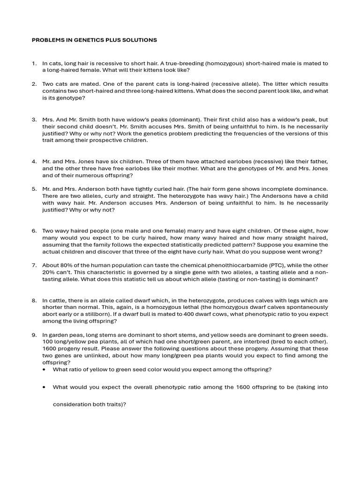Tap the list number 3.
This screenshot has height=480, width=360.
click(x=34, y=120)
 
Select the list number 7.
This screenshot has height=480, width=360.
click(x=34, y=265)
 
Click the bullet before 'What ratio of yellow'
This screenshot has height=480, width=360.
click(x=44, y=369)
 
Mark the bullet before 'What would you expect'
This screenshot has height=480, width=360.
click(x=44, y=387)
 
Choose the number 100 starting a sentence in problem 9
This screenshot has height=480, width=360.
click(x=48, y=342)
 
